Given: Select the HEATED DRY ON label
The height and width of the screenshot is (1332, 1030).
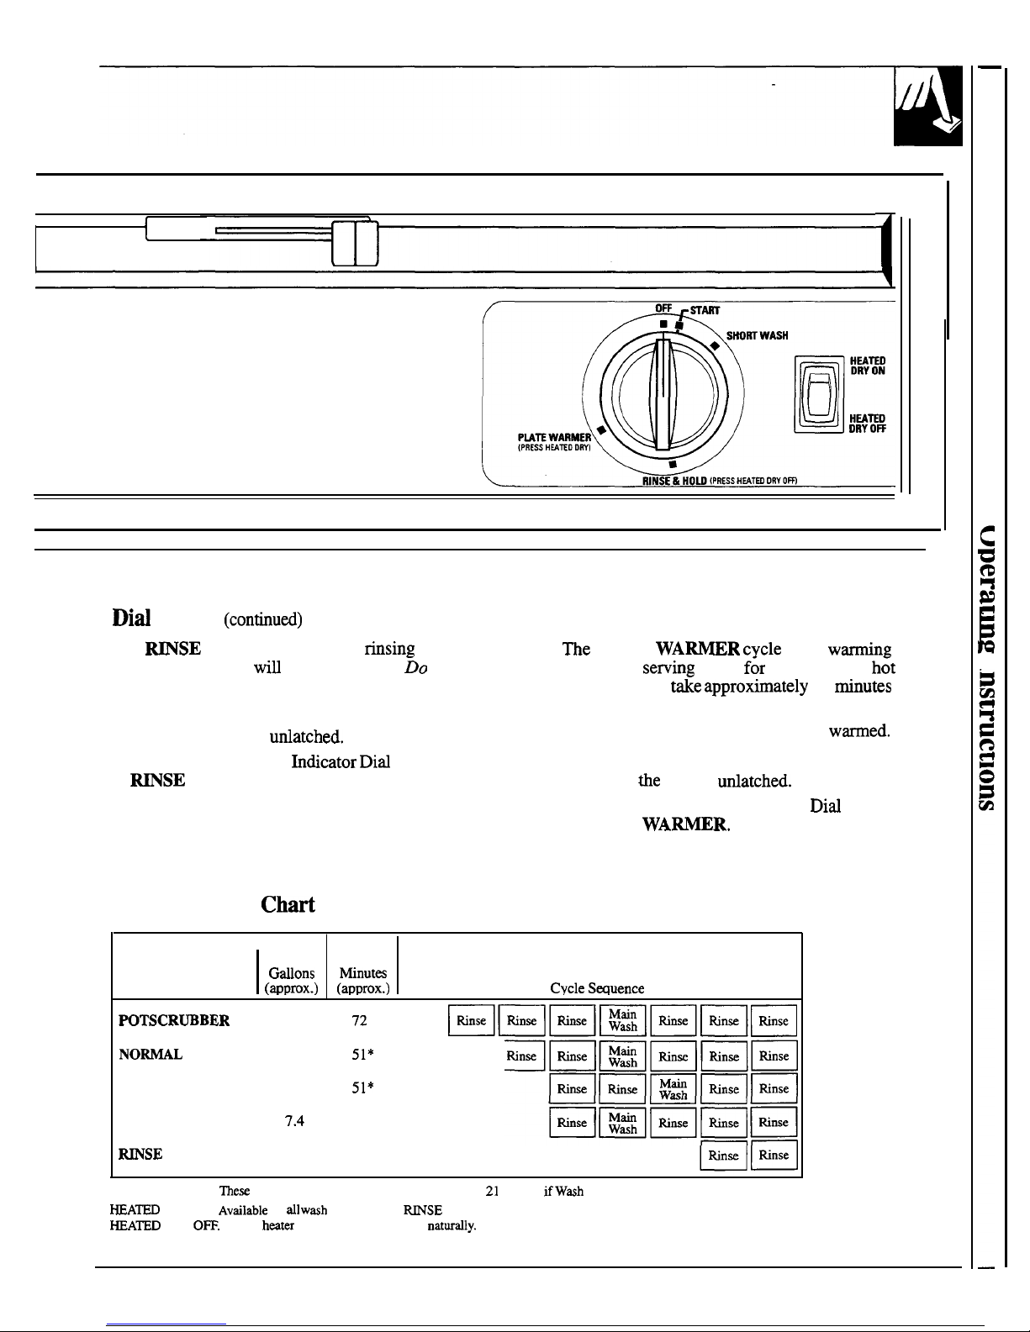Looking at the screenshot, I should pos(868,366).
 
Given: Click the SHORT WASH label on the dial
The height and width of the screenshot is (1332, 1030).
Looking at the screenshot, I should pos(757,335).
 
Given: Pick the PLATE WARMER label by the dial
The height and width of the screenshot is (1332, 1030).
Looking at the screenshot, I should pos(555,437).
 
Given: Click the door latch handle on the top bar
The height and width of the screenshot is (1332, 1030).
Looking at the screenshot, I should pos(355,242).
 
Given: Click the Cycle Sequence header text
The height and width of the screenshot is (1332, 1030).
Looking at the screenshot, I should pos(597,989).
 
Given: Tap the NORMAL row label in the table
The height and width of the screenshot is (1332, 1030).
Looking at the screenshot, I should pos(151,1055).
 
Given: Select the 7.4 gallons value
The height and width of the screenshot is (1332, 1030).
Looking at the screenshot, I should pos(293,1121).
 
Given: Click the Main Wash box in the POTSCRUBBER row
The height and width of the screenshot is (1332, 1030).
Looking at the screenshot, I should pos(623,1021).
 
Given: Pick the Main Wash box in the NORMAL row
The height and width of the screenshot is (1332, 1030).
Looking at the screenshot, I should pos(623,1056).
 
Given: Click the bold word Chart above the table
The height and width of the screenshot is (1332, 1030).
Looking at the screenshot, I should pos(288,905).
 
